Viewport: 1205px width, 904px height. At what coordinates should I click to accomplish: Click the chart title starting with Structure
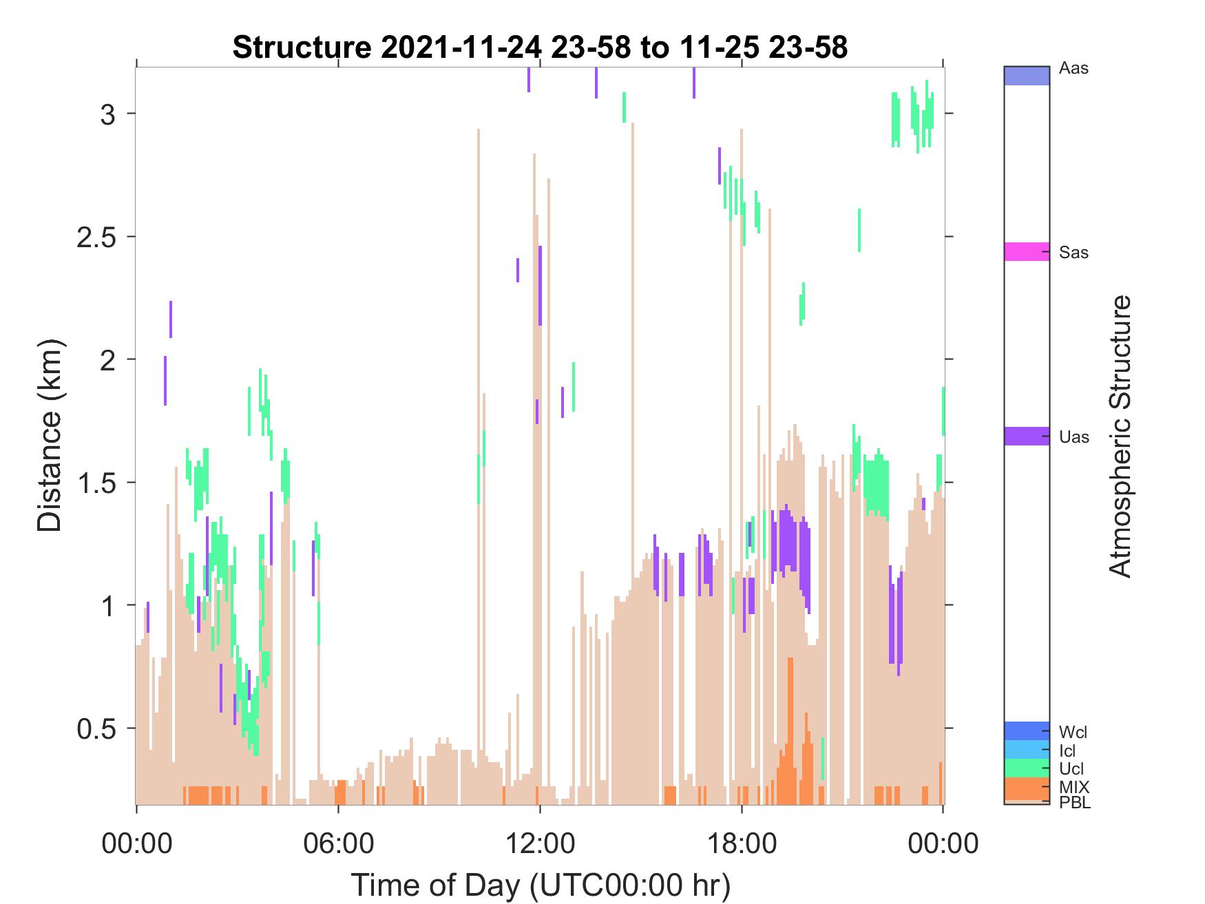coord(540,48)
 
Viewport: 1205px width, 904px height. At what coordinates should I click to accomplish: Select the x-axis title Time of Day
coord(541,885)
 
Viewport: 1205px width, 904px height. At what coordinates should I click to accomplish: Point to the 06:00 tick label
coord(339,843)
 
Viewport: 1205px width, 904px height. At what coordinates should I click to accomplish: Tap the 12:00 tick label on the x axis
coord(540,843)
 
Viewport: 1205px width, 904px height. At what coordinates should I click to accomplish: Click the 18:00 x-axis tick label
coord(742,843)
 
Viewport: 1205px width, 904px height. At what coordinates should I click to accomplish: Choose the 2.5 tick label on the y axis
coord(94,237)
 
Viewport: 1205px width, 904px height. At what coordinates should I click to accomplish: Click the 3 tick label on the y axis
coord(107,114)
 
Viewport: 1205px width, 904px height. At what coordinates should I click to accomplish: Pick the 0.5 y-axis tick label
coord(94,728)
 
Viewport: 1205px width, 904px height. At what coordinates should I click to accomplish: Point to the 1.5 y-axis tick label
coord(94,483)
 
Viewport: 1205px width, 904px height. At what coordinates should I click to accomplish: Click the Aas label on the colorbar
coord(1074,69)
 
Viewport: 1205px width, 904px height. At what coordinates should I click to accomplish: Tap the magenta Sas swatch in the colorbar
coord(1027,251)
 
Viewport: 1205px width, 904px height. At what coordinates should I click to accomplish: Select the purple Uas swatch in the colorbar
coord(1027,436)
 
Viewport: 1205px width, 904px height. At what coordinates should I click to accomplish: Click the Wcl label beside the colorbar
coord(1073,732)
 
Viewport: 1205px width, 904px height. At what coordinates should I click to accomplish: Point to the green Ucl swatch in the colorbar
coord(1027,768)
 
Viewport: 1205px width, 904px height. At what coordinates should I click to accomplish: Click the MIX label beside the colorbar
coord(1074,787)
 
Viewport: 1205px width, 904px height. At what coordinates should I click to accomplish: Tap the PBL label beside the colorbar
coord(1075,803)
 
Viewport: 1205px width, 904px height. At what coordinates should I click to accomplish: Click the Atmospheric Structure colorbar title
coord(1121,436)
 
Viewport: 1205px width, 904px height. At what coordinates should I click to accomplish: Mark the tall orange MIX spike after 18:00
coord(790,730)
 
